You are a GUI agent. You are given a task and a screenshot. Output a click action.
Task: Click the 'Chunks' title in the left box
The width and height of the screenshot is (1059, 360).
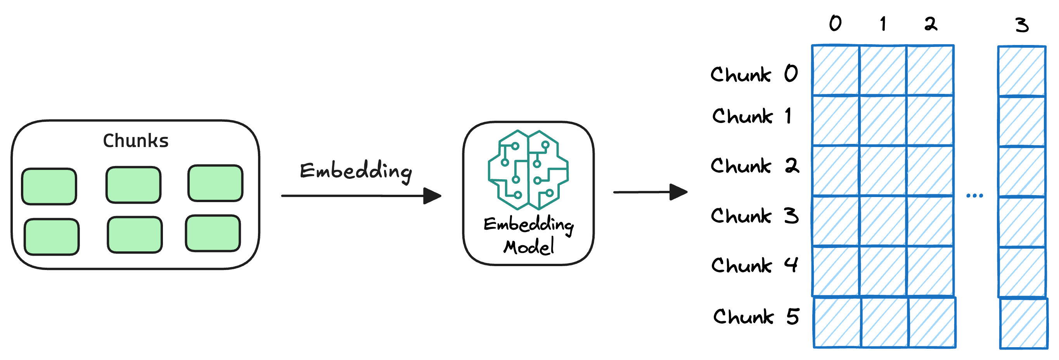[x=136, y=140]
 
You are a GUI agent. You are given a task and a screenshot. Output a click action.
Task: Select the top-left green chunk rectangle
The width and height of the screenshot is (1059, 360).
[x=49, y=186]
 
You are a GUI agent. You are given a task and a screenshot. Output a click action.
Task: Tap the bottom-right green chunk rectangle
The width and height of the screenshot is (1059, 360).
[x=213, y=233]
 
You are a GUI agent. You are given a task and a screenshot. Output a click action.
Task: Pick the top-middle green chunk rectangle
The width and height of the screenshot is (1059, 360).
[x=133, y=185]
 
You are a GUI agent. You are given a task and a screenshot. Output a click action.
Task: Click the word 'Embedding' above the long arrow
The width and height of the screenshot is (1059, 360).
[x=356, y=171]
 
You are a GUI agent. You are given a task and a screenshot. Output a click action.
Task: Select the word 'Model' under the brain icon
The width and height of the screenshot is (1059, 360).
[x=529, y=247]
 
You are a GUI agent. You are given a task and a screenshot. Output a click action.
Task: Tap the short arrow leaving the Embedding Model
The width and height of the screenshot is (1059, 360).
[x=649, y=192]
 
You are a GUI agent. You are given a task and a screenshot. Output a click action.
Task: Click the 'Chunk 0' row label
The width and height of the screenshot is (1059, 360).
[x=754, y=74]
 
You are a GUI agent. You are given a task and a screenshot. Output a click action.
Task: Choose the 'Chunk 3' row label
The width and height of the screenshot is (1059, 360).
[x=755, y=216]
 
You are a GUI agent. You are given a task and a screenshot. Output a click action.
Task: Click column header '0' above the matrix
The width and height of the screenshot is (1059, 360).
[x=835, y=23]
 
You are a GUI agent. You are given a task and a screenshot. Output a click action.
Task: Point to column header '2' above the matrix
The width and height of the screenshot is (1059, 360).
[x=931, y=24]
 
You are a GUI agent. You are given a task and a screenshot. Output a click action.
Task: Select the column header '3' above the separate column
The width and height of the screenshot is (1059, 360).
[x=1022, y=25]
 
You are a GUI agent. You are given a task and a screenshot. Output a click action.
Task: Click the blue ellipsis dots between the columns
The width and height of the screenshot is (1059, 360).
[x=975, y=196]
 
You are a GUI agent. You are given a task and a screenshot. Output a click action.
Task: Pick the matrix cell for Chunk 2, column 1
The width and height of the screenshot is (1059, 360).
[x=883, y=171]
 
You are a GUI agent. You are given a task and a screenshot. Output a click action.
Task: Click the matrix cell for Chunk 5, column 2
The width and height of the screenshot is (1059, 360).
[x=933, y=323]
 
